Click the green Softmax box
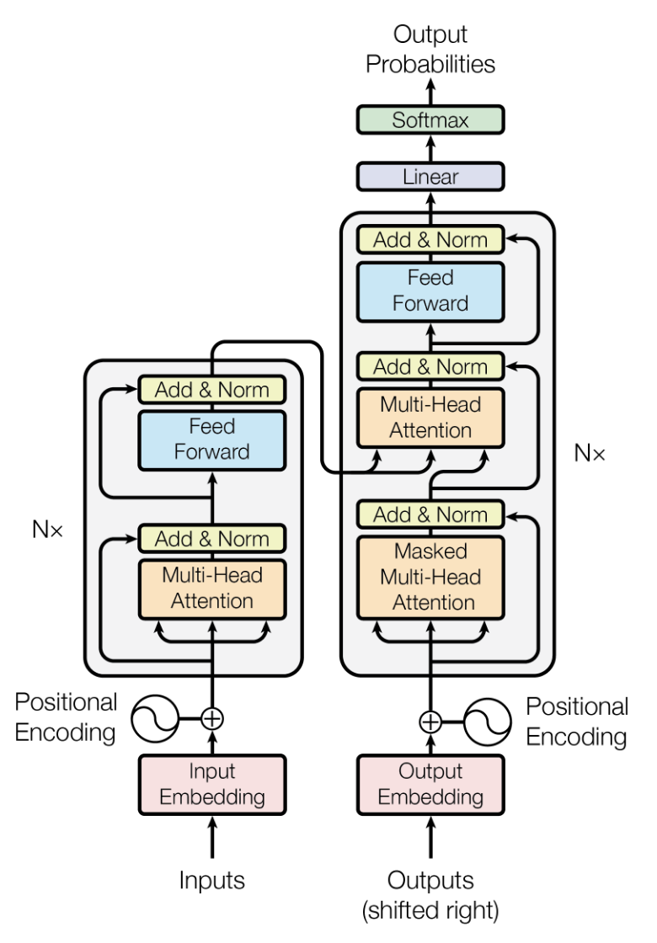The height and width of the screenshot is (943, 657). [430, 120]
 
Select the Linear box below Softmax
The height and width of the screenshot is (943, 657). [430, 177]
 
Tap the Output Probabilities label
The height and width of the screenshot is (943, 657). [430, 50]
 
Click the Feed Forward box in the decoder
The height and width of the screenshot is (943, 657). [430, 290]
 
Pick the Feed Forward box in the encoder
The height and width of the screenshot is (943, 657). [212, 439]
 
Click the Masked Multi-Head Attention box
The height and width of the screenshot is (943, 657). [430, 578]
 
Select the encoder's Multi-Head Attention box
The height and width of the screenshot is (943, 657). [212, 588]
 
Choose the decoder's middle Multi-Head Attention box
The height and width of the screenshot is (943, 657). [430, 418]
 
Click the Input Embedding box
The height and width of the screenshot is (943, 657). [212, 784]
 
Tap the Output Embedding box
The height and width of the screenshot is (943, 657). [430, 784]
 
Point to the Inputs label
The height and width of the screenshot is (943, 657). [212, 881]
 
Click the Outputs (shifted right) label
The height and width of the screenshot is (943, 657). [430, 895]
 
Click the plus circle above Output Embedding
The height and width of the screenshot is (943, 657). [430, 722]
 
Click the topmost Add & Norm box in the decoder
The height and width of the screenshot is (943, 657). [430, 240]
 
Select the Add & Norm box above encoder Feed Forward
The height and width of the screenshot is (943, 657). [212, 390]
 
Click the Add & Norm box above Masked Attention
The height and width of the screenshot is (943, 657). [430, 514]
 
